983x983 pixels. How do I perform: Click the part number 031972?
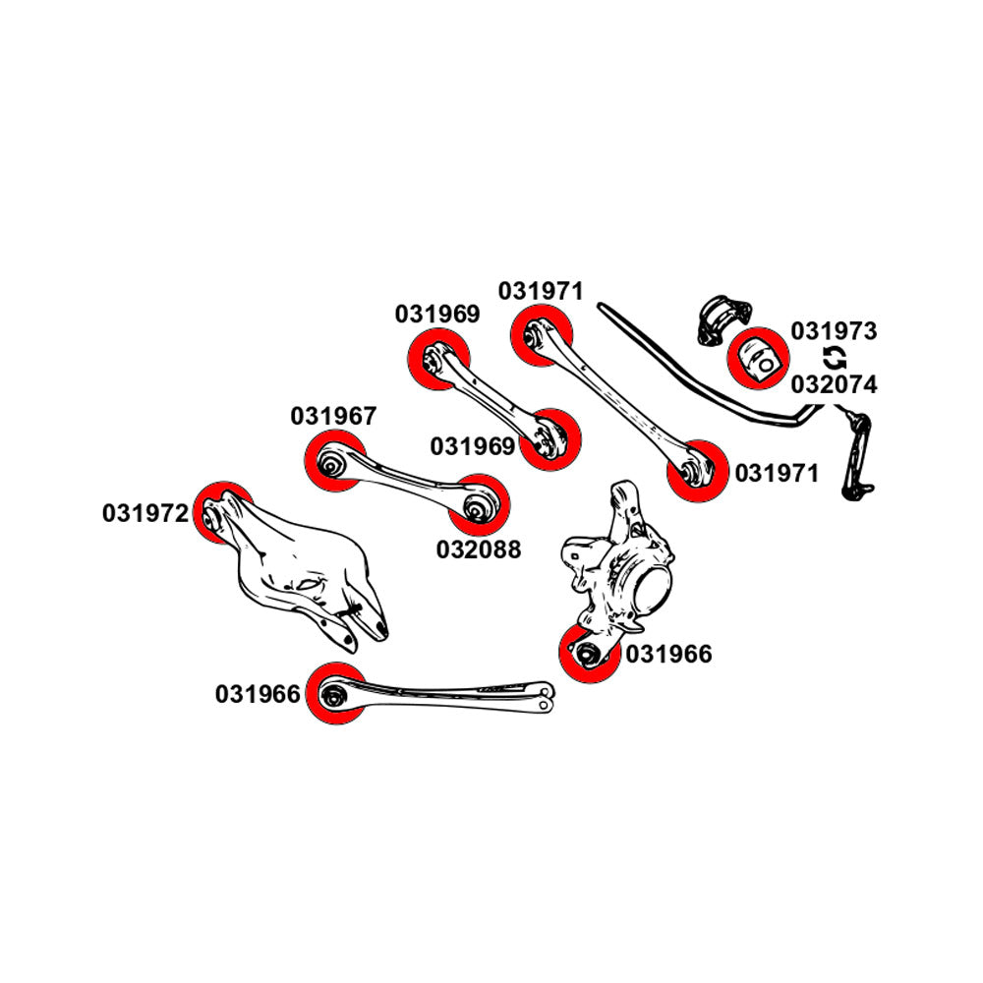click(x=145, y=513)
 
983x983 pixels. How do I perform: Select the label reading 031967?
click(x=333, y=416)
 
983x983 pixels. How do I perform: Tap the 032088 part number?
click(x=479, y=549)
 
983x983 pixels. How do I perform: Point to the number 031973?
click(x=834, y=331)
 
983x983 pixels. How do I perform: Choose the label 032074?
click(x=834, y=384)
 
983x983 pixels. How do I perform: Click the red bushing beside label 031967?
click(x=333, y=461)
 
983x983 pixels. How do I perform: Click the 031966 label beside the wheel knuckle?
click(x=668, y=654)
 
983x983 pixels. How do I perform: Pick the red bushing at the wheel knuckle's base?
click(x=589, y=653)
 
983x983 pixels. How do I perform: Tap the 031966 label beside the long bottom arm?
click(x=258, y=695)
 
